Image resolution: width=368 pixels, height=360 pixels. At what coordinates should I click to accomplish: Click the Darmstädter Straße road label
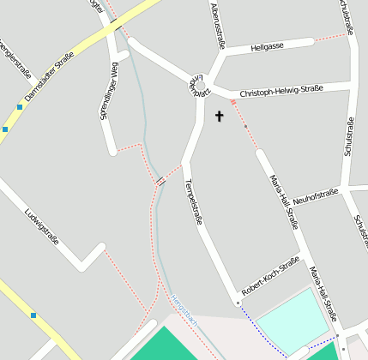click(x=50, y=78)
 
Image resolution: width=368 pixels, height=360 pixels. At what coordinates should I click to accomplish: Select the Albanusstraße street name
click(x=217, y=26)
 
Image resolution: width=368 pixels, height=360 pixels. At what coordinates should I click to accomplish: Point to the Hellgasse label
click(x=267, y=46)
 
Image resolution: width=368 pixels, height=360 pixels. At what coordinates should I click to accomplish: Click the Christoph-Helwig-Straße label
click(x=281, y=91)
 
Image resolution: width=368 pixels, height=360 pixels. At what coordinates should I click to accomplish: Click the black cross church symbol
click(x=219, y=116)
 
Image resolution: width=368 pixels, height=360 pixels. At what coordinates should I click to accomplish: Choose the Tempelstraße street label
click(x=194, y=202)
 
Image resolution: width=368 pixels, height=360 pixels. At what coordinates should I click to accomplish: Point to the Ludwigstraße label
click(x=41, y=225)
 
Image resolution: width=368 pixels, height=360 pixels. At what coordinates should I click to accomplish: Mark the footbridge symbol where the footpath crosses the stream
click(x=160, y=181)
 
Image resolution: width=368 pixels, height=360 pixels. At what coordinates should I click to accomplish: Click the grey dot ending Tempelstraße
click(x=237, y=302)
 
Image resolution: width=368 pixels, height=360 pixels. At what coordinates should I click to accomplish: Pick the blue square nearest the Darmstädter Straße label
click(x=19, y=107)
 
